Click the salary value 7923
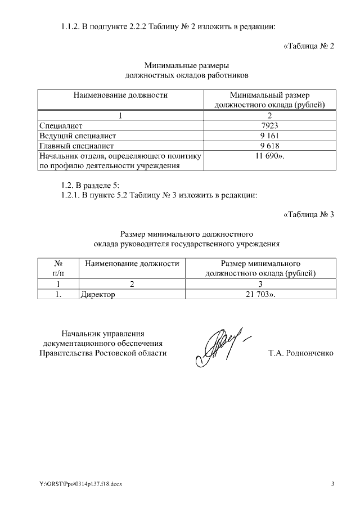pos(270,126)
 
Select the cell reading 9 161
pos(270,136)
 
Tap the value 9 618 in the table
pos(270,146)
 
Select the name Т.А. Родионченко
pos(301,353)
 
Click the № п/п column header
pos(58,268)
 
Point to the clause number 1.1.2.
pos(71,26)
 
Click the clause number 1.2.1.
pos(71,195)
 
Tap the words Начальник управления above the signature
pos(103,333)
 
